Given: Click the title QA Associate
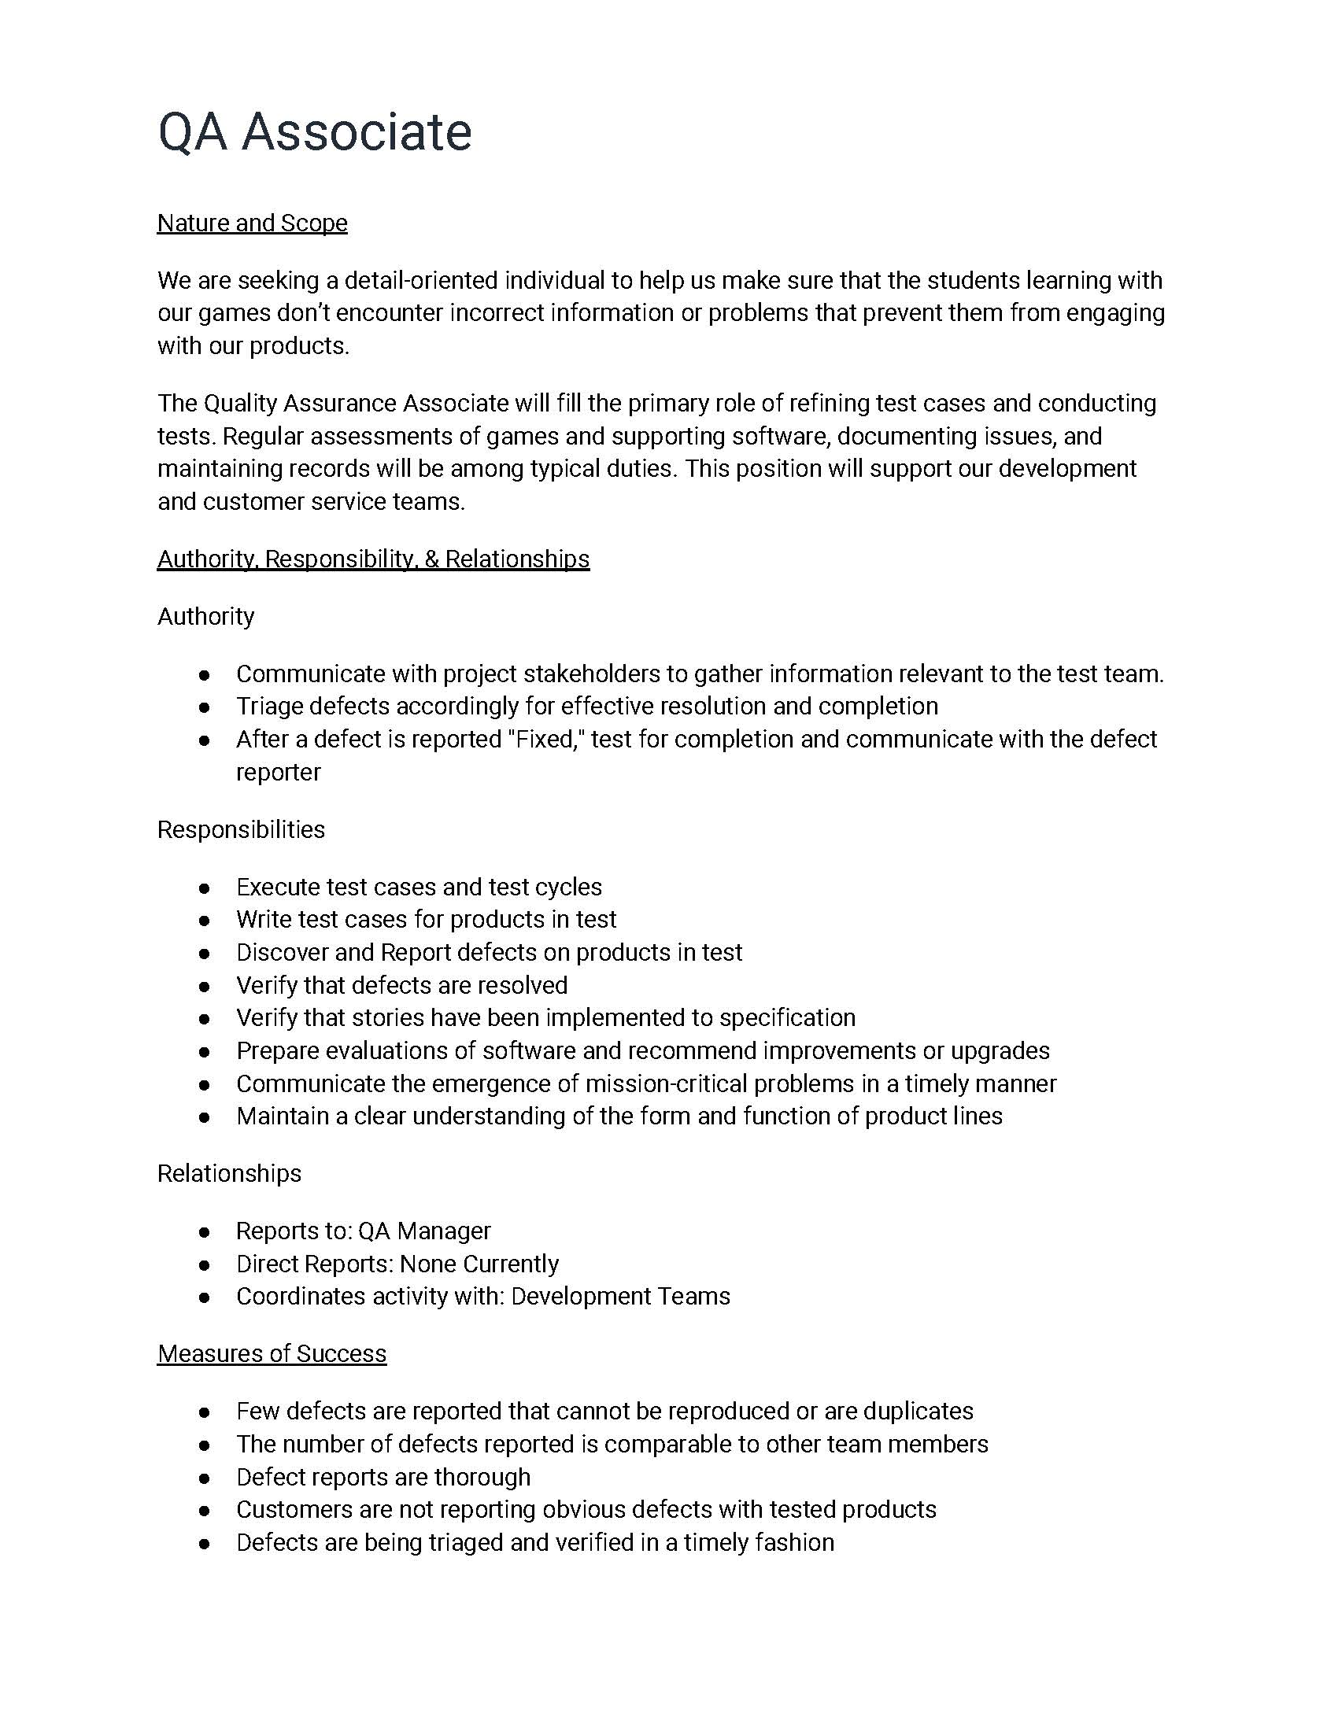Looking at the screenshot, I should [315, 131].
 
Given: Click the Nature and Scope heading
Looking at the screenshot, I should [252, 223].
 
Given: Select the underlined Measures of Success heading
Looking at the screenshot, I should [272, 1353].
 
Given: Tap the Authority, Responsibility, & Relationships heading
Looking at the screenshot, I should [373, 559].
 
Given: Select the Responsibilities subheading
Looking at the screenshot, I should [241, 830].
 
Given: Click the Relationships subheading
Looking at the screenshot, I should [229, 1173].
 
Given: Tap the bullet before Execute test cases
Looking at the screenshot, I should [205, 888].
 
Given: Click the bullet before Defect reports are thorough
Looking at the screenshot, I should [205, 1478].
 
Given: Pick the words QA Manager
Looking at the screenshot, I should [424, 1231].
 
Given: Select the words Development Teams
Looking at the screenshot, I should [621, 1297].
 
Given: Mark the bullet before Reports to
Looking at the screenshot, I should [205, 1231].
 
